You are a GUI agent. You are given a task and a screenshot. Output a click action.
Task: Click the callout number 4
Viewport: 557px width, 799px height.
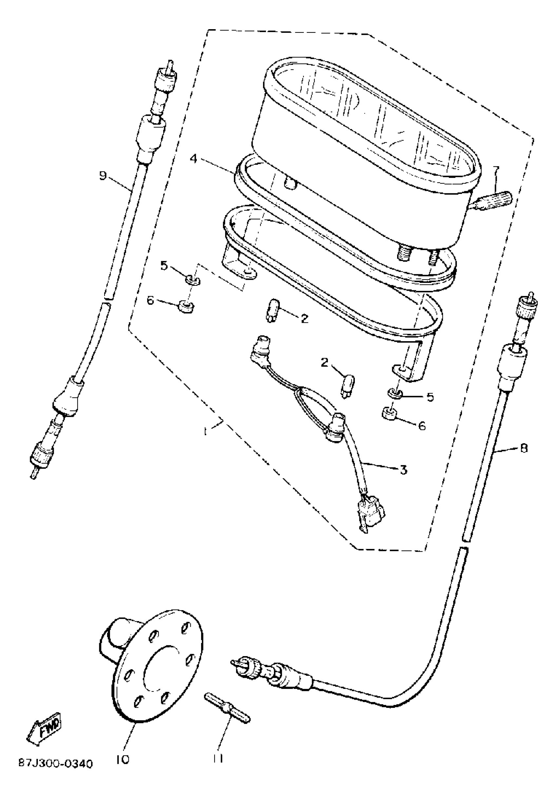tap(193, 159)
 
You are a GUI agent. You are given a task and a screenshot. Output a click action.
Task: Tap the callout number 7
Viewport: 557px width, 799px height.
tap(495, 170)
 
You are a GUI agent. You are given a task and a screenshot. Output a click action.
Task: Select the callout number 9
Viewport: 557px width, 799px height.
tap(103, 176)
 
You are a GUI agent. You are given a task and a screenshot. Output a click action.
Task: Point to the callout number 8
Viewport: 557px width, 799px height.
tap(524, 448)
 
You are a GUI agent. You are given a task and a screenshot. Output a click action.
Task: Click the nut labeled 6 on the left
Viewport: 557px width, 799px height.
tap(186, 307)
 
